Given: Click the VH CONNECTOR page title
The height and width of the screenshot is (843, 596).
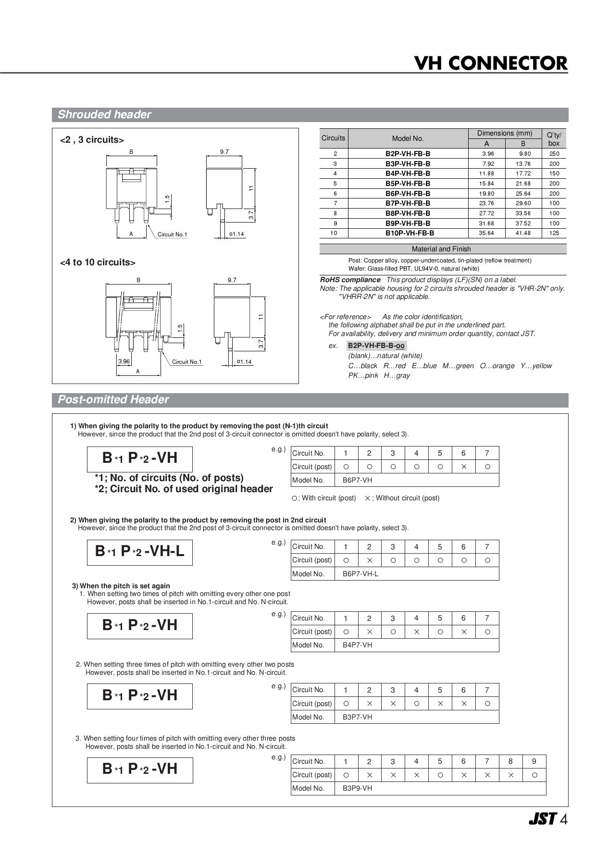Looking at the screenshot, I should tap(490, 63).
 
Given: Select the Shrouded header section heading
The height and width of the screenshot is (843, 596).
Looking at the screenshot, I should tap(104, 115).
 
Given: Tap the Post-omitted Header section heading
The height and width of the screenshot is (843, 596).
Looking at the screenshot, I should tap(113, 400).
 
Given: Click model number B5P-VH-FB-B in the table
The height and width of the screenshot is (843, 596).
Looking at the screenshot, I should tap(408, 184).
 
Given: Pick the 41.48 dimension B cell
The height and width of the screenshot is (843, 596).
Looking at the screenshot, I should tap(523, 233).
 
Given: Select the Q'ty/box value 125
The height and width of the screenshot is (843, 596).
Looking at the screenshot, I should tap(554, 233).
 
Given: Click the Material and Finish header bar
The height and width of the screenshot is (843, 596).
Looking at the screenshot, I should tap(441, 249).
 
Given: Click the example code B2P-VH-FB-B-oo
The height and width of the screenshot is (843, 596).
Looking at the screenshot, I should tap(376, 346).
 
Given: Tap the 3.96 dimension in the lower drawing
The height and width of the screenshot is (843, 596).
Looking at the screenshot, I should tap(124, 361).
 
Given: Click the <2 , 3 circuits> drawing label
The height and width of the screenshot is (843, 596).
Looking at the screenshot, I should tap(92, 140).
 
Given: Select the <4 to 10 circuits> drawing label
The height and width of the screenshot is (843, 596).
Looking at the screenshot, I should tap(98, 262).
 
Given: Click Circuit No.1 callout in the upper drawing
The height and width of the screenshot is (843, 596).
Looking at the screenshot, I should tap(172, 235).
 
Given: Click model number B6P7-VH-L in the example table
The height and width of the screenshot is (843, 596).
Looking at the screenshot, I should tap(360, 574).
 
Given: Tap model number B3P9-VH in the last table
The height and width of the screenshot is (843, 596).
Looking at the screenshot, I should tap(357, 788).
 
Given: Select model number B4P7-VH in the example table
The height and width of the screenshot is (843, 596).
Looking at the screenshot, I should tap(357, 645).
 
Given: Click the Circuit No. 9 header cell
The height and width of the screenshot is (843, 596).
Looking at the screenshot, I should tap(534, 761).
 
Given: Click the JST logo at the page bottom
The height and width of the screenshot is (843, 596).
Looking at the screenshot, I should tap(543, 819).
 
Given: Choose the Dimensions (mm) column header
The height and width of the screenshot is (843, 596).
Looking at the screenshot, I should tap(504, 133).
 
